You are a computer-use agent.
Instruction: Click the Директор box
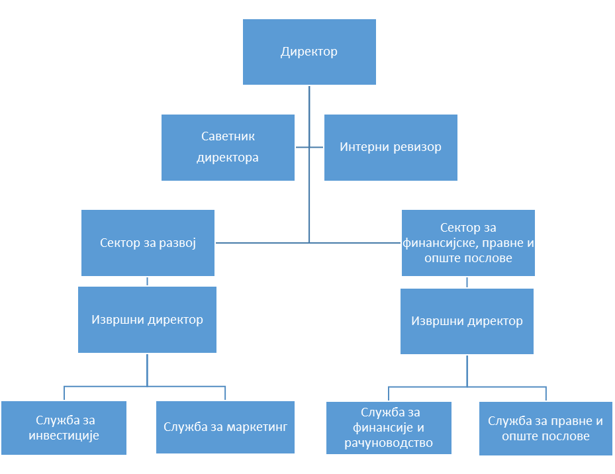click(x=309, y=52)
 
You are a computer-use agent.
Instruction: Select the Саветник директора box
click(x=228, y=147)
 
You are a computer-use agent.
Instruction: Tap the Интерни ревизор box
click(x=391, y=147)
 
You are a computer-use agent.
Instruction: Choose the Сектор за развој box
click(x=148, y=243)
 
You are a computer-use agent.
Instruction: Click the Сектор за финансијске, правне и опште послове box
click(x=468, y=243)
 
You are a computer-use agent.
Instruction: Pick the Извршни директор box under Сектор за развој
click(x=147, y=320)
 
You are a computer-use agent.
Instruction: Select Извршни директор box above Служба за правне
click(x=467, y=321)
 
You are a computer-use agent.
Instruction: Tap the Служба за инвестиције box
click(x=64, y=428)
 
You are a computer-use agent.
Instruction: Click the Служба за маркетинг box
click(x=225, y=426)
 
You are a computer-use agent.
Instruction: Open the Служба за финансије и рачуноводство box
click(x=389, y=428)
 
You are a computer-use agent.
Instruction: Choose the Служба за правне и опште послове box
click(x=545, y=428)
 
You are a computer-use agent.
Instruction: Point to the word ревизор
click(x=418, y=147)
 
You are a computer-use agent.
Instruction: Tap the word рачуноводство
click(x=389, y=443)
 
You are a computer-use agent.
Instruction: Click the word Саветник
click(x=228, y=136)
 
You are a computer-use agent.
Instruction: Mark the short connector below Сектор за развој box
click(x=147, y=281)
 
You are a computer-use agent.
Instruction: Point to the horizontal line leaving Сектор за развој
click(x=261, y=243)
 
